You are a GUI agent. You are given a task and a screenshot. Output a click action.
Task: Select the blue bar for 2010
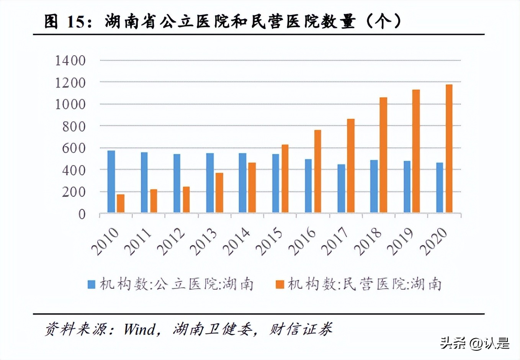(111, 182)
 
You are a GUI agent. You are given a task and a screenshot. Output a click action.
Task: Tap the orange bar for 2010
(121, 203)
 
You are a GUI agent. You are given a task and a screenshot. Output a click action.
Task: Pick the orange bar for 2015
(285, 178)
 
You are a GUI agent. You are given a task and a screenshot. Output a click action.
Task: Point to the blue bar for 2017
(341, 188)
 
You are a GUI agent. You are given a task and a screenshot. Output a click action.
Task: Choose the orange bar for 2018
(383, 155)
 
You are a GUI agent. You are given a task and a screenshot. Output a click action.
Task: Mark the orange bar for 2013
(219, 193)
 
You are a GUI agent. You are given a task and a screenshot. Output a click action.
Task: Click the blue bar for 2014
(242, 183)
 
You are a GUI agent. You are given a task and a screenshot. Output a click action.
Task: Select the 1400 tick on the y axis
(70, 61)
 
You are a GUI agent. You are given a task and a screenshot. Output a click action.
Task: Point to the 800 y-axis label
(74, 126)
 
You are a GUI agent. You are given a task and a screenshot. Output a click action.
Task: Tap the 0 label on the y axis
(82, 214)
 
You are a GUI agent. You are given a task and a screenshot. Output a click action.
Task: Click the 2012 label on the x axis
(171, 242)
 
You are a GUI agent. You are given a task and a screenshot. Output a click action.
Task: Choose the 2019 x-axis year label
(400, 242)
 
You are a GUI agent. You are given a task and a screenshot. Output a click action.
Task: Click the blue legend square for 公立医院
(92, 285)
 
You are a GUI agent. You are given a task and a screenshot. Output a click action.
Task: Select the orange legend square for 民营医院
(280, 285)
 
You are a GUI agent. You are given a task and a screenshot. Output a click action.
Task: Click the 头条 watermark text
(453, 343)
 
